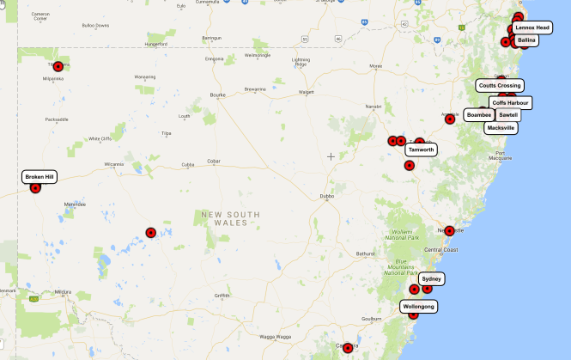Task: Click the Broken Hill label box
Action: pyautogui.click(x=39, y=176)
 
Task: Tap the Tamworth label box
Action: pyautogui.click(x=421, y=149)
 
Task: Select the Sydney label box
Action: pyautogui.click(x=432, y=279)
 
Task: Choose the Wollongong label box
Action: pyautogui.click(x=418, y=307)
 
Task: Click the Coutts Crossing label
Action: pyautogui.click(x=500, y=85)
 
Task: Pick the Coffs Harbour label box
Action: pyautogui.click(x=511, y=102)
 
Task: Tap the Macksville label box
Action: pyautogui.click(x=501, y=127)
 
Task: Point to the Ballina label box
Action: pyautogui.click(x=527, y=40)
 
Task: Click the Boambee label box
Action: pyautogui.click(x=479, y=114)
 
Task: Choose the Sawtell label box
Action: pyautogui.click(x=508, y=114)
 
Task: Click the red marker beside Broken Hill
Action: pyautogui.click(x=35, y=188)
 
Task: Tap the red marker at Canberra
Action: pyautogui.click(x=348, y=348)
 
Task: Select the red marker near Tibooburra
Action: pyautogui.click(x=58, y=66)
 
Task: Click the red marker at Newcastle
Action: pyautogui.click(x=449, y=230)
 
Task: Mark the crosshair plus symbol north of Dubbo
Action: pyautogui.click(x=331, y=156)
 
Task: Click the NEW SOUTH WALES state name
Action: pyautogui.click(x=224, y=218)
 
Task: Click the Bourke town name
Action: pyautogui.click(x=217, y=95)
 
